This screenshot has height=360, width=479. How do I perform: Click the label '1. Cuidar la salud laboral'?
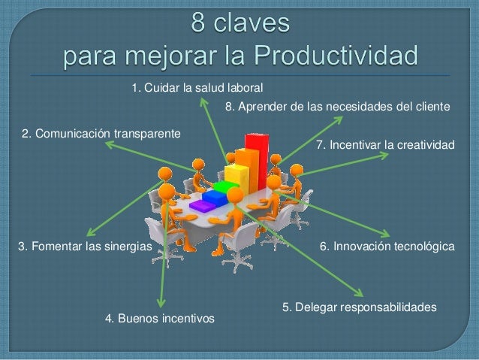click(x=197, y=89)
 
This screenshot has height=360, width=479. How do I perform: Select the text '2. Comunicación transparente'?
click(x=101, y=134)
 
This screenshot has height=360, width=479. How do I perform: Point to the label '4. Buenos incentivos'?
click(x=160, y=319)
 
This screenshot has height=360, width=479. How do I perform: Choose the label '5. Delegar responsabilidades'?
click(x=359, y=307)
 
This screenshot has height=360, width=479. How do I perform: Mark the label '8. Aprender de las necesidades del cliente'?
click(x=337, y=107)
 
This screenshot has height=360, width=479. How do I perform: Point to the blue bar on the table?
click(x=215, y=197)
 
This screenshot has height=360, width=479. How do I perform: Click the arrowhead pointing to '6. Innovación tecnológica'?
click(x=387, y=233)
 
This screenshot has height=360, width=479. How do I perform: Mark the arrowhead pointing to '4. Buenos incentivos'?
click(x=161, y=303)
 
